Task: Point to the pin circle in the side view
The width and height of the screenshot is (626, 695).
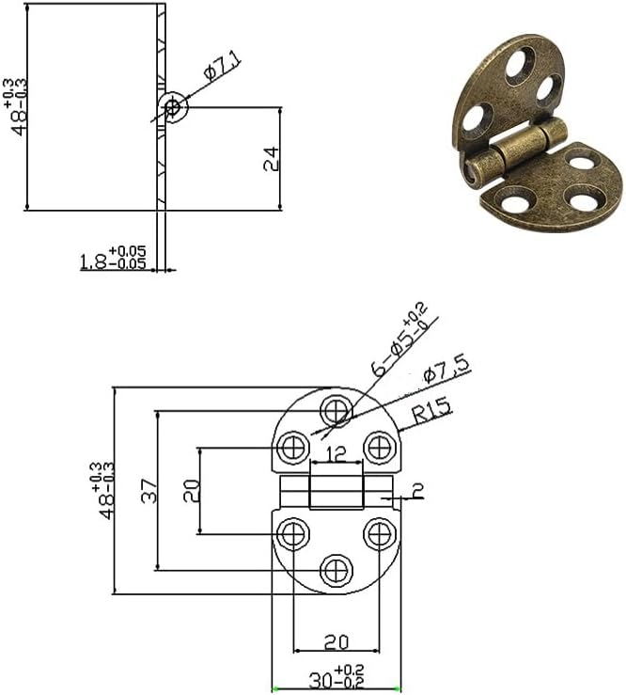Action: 172,107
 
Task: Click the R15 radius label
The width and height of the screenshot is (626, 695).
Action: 430,411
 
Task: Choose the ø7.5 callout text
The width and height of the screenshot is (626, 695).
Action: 446,369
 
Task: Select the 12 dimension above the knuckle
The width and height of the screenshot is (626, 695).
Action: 336,454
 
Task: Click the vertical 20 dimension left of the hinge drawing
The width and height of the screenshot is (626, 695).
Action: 192,490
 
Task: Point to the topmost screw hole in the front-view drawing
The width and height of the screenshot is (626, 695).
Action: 336,410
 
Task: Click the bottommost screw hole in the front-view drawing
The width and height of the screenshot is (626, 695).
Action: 336,569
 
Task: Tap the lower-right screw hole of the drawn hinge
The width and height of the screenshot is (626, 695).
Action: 380,534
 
